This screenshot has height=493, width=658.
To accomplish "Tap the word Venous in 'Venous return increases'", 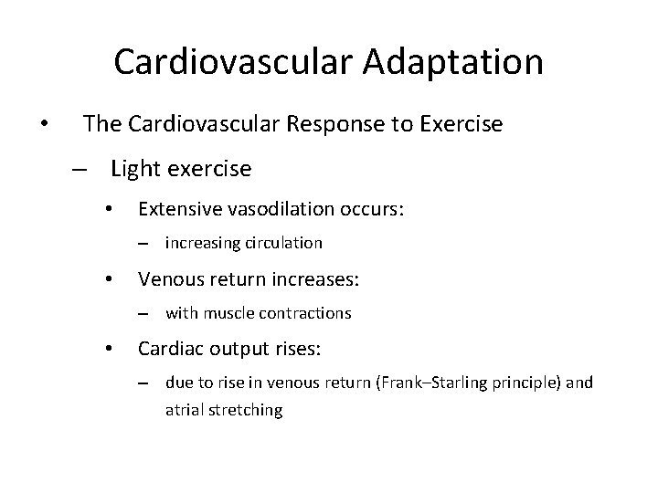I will (x=167, y=278).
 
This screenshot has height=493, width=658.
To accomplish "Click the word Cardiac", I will (x=168, y=348).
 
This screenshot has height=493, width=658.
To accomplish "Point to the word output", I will (x=229, y=348).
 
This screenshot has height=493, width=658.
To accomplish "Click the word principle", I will (x=529, y=383).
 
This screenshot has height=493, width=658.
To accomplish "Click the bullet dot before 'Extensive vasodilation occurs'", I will (x=109, y=210).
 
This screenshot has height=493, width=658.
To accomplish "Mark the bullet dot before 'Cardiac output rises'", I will (x=109, y=349).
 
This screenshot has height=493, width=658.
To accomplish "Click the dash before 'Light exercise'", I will (x=80, y=170).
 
